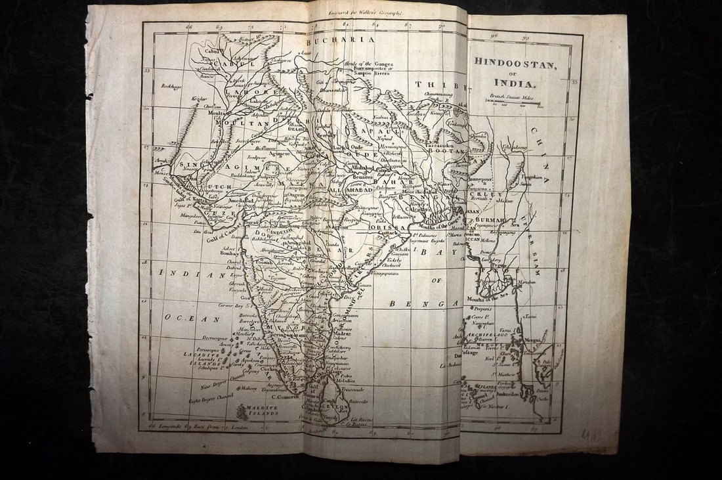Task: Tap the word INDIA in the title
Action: (515, 84)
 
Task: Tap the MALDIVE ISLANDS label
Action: (257, 410)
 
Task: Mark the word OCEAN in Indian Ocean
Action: (186, 319)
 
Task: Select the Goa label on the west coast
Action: (245, 297)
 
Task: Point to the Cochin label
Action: (266, 369)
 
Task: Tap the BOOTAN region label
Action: (446, 151)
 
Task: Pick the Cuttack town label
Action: (386, 233)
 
